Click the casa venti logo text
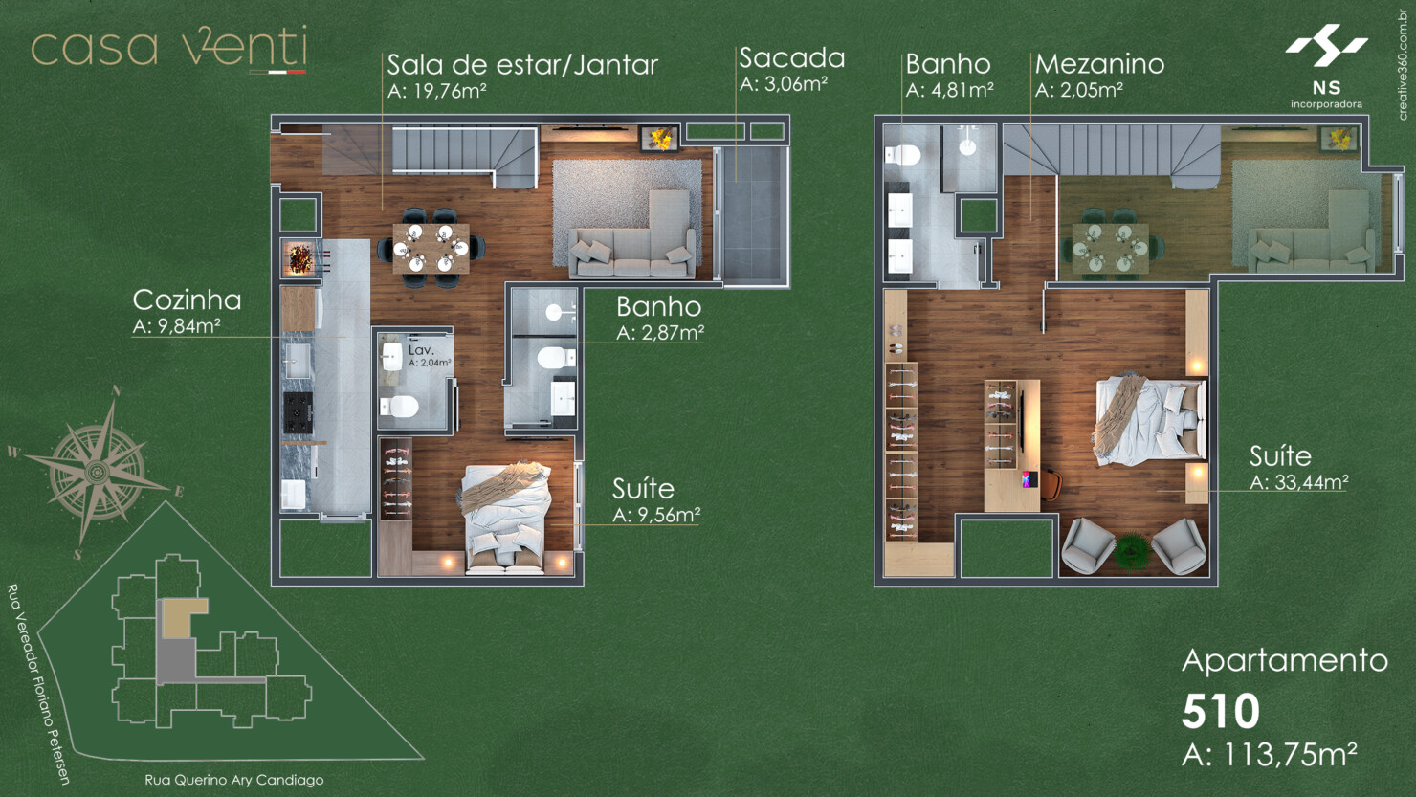click(x=168, y=48)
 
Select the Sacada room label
click(x=791, y=58)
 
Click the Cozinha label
click(x=187, y=300)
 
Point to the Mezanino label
click(x=1099, y=64)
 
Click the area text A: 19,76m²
click(x=437, y=91)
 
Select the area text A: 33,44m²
click(x=1298, y=482)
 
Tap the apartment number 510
click(x=1220, y=711)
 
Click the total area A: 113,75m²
click(x=1269, y=754)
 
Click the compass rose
click(x=98, y=471)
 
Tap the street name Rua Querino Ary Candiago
click(x=233, y=780)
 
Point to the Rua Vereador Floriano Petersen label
click(x=38, y=683)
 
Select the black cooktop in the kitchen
click(x=298, y=411)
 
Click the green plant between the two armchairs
click(x=1133, y=550)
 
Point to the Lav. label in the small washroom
click(x=421, y=350)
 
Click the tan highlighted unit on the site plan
click(x=182, y=618)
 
